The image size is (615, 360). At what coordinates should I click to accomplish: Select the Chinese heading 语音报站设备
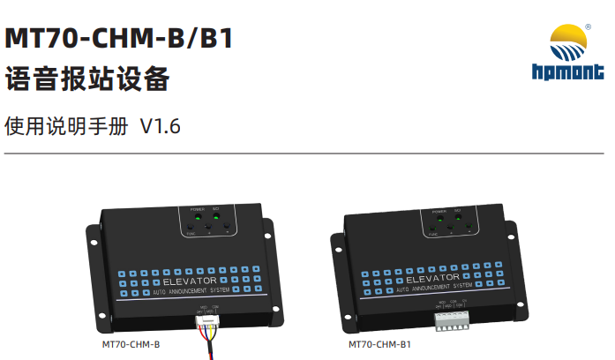(x=86, y=81)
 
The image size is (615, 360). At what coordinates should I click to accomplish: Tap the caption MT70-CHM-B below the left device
(x=131, y=345)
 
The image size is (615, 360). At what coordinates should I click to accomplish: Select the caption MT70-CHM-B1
(x=379, y=345)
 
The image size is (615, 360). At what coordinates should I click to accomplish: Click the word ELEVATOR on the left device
(x=190, y=281)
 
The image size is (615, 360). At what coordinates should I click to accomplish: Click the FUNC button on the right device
(x=431, y=230)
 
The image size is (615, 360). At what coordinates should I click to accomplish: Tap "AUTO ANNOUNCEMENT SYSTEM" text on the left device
(x=192, y=290)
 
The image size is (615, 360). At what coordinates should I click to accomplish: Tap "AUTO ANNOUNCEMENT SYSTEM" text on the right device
(x=433, y=289)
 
